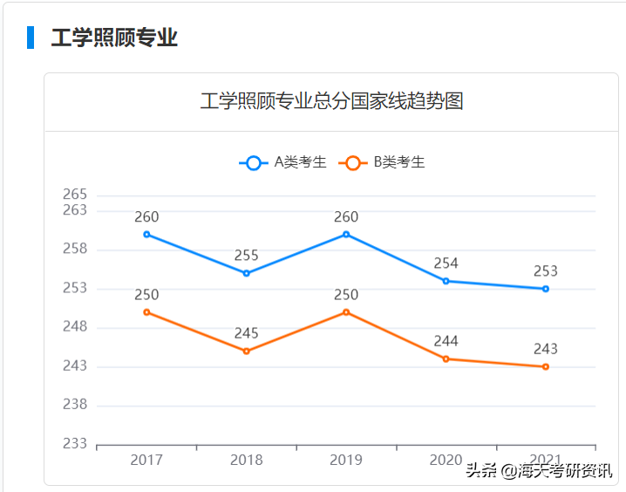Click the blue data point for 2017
point(146,234)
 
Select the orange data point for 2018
point(247,351)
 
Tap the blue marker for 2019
point(346,234)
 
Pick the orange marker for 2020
point(446,359)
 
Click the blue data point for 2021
point(546,289)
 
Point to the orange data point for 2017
point(146,311)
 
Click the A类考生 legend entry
point(284,162)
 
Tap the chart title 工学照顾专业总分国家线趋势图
point(331,101)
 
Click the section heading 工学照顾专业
point(114,38)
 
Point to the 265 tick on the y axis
point(75,194)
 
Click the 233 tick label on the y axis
point(75,443)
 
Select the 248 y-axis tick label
point(75,326)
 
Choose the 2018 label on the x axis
point(247,461)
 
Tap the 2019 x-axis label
point(346,461)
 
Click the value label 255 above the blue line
point(247,256)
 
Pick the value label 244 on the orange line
point(446,341)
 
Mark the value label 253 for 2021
point(546,271)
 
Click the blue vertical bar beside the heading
point(31,38)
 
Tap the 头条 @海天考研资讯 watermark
point(538,470)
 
